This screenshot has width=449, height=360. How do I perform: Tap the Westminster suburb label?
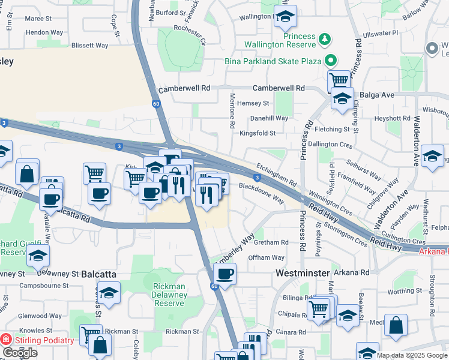(x=304, y=272)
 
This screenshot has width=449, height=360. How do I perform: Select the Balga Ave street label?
(x=376, y=95)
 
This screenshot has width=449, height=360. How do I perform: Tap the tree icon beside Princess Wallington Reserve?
(x=325, y=40)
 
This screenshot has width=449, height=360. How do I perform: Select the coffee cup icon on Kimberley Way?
(x=224, y=274)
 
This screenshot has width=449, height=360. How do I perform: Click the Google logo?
(x=20, y=353)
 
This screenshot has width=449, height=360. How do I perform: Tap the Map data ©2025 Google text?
(x=411, y=355)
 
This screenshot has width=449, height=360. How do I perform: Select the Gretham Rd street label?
(x=271, y=242)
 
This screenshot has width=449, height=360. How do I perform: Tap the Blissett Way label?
(x=89, y=45)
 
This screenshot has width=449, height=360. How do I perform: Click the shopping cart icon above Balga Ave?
(x=339, y=80)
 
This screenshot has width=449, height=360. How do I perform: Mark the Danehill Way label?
(x=269, y=118)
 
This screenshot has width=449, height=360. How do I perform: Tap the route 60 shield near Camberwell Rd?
(x=156, y=104)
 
